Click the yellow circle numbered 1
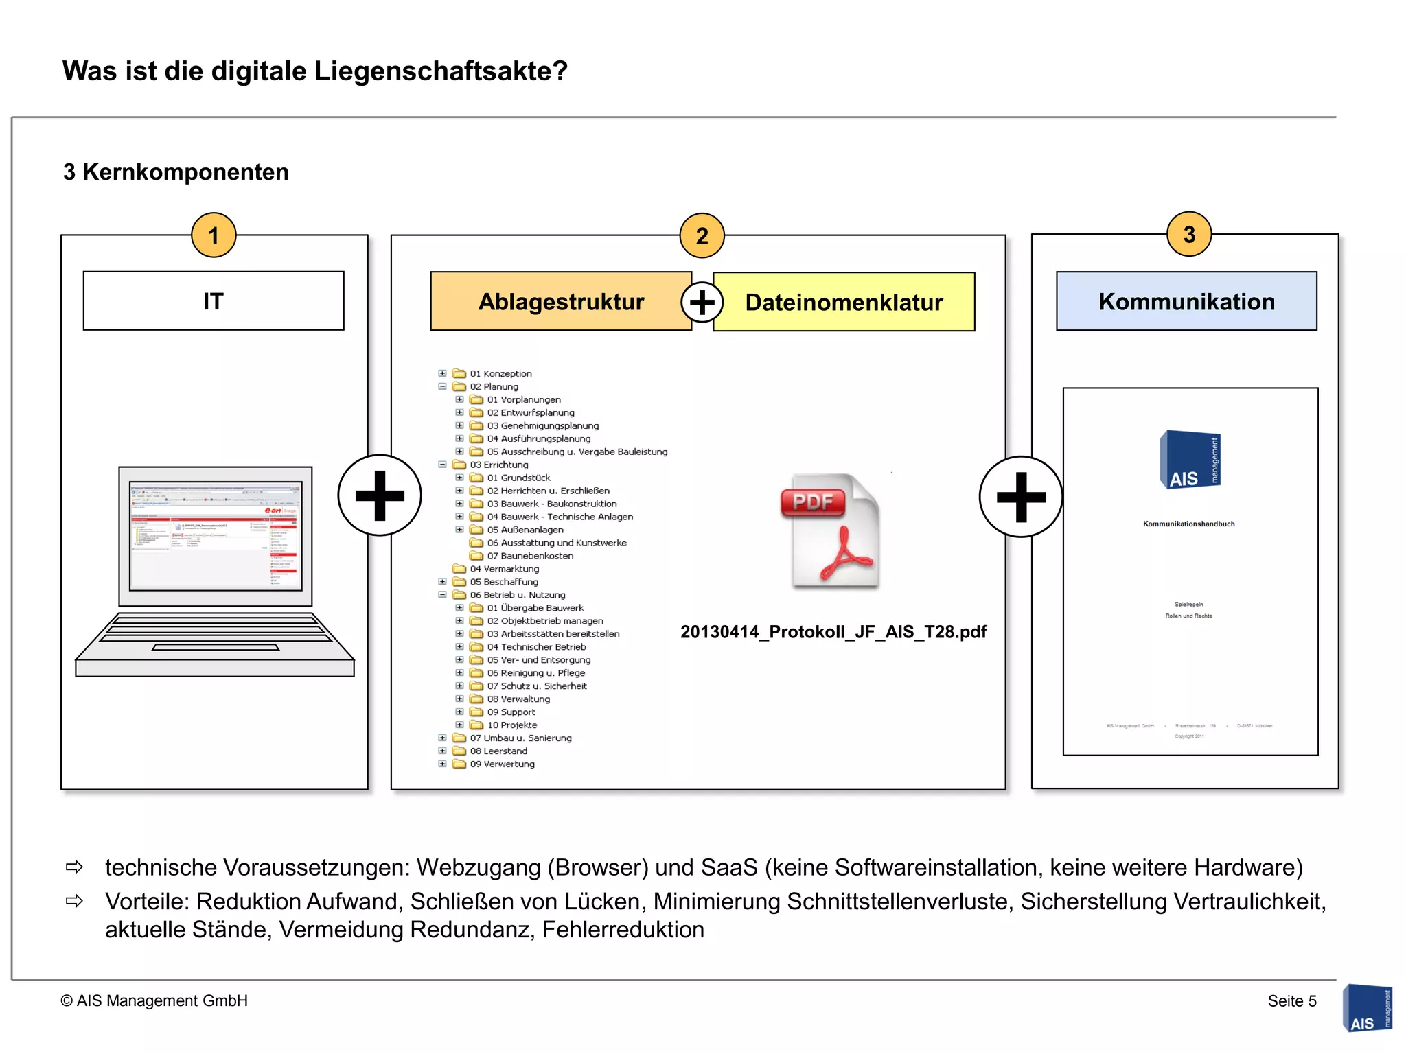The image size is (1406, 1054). pyautogui.click(x=214, y=235)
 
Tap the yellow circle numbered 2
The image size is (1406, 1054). pyautogui.click(x=702, y=235)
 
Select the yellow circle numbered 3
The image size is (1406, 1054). pyautogui.click(x=1189, y=235)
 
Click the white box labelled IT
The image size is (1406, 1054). pyautogui.click(x=214, y=301)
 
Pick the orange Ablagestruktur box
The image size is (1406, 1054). pyautogui.click(x=560, y=302)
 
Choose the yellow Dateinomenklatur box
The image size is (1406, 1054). pyautogui.click(x=844, y=303)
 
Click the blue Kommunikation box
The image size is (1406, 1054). pyautogui.click(x=1186, y=302)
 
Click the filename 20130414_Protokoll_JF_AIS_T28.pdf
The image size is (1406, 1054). pyautogui.click(x=833, y=632)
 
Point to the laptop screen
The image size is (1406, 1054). pyautogui.click(x=216, y=536)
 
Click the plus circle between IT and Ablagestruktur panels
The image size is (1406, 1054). pyautogui.click(x=380, y=495)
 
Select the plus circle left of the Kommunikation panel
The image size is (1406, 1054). pyautogui.click(x=1021, y=497)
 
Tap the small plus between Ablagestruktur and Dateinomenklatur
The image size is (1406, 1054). pyautogui.click(x=702, y=303)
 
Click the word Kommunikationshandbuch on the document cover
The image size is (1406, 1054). pyautogui.click(x=1188, y=524)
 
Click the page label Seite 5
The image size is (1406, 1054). pyautogui.click(x=1291, y=1001)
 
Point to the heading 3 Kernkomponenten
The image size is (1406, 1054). pyautogui.click(x=176, y=172)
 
